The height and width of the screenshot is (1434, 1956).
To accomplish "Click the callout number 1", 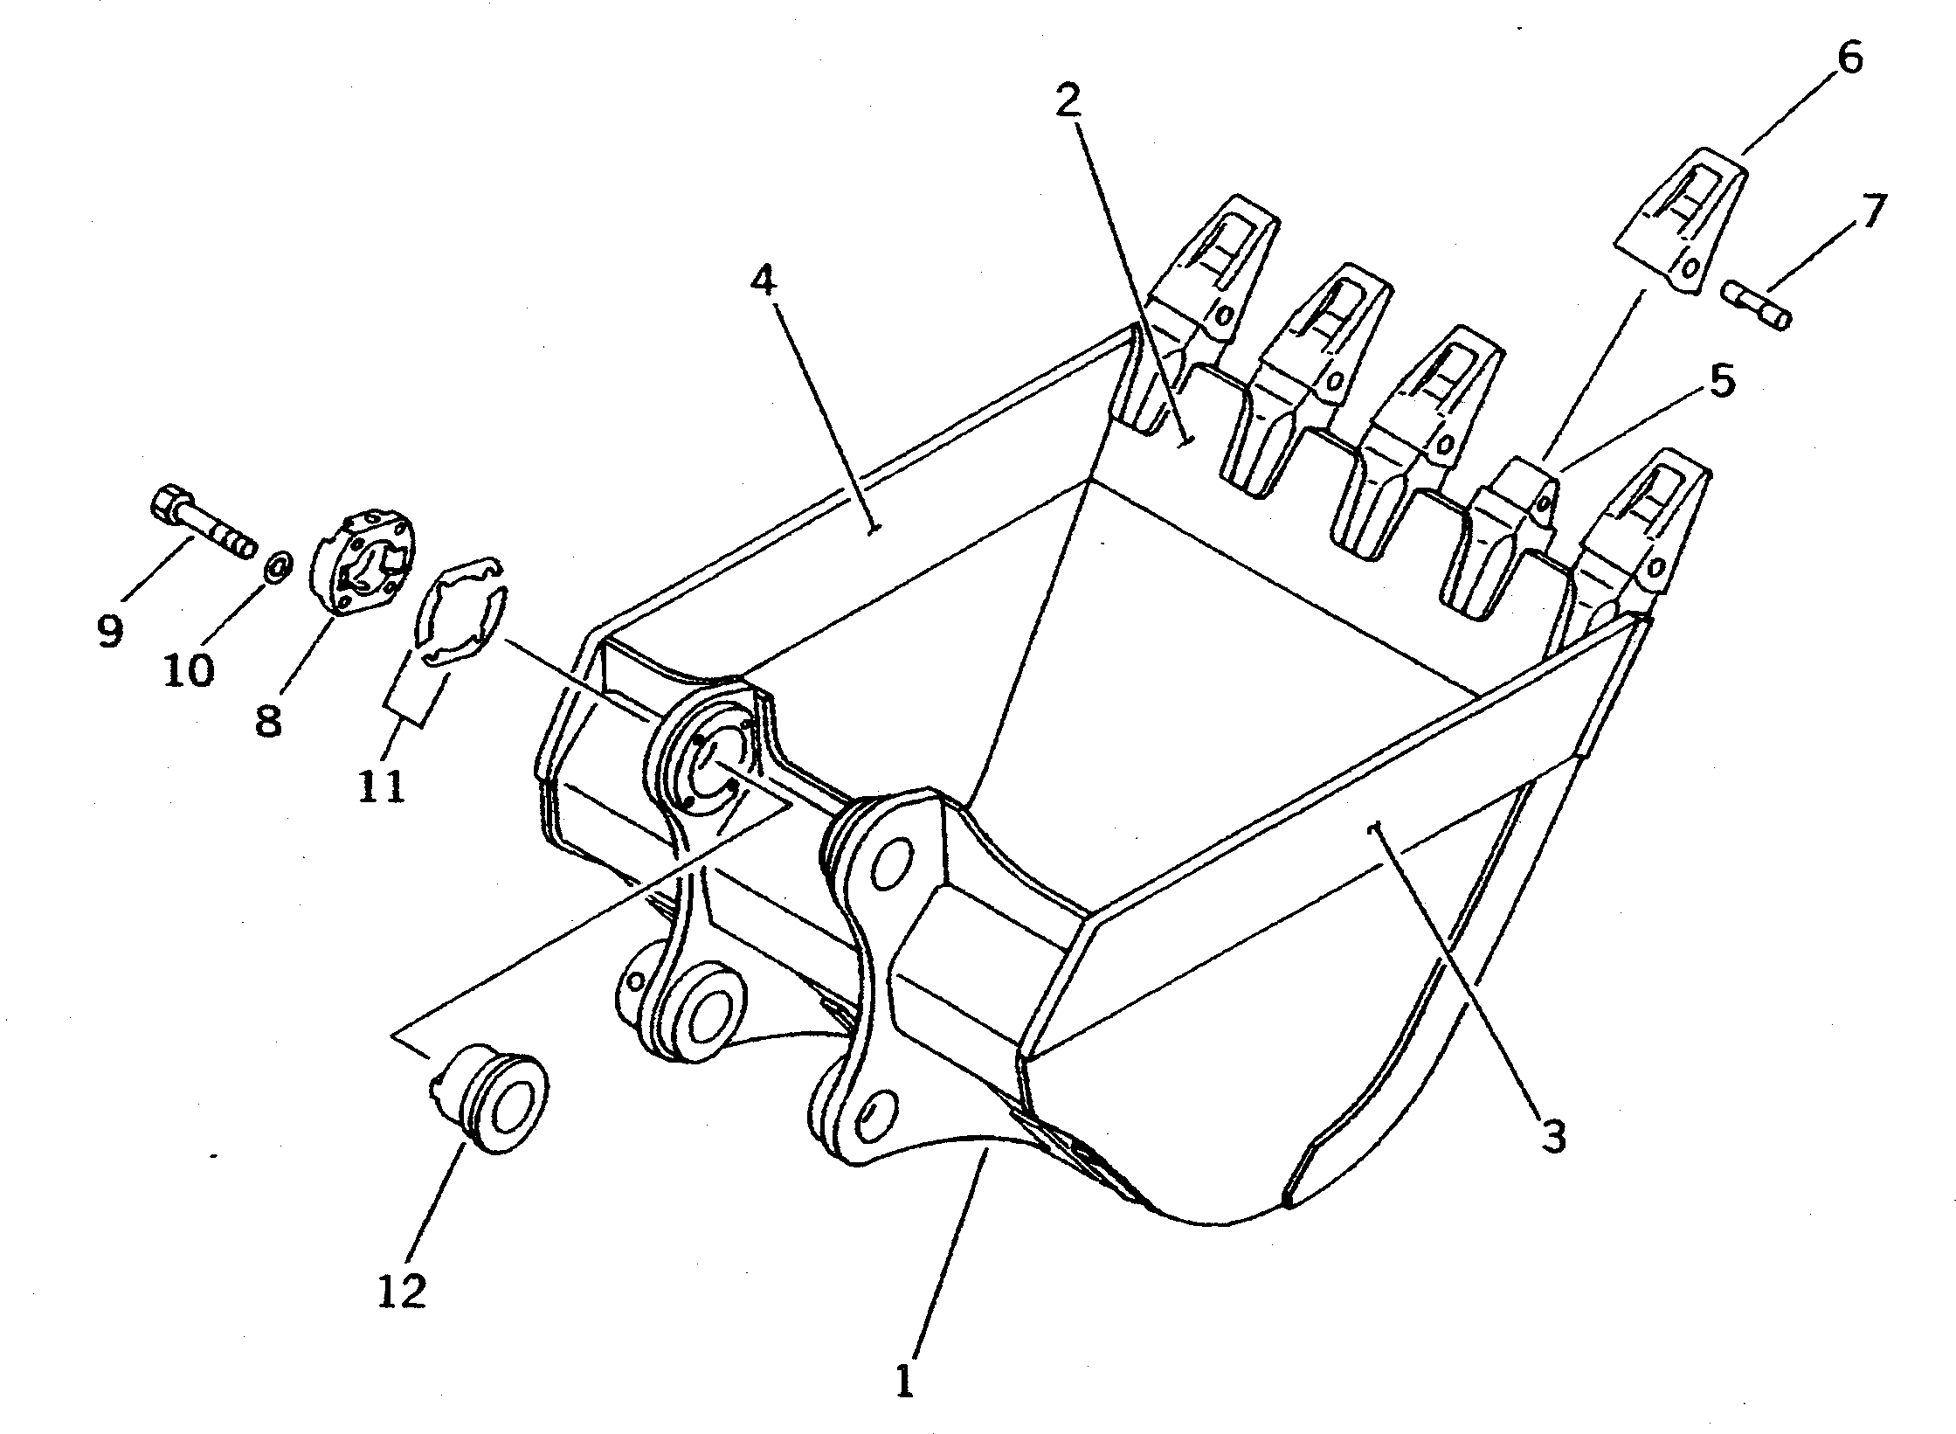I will point(904,1379).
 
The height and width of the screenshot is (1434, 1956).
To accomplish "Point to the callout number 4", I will point(762,282).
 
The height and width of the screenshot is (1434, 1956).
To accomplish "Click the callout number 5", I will point(1720,382).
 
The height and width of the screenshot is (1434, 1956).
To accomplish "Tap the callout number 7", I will point(1869,212).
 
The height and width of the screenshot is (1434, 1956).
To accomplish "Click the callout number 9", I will point(110,629).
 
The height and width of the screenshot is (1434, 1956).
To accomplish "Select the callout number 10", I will point(190,670).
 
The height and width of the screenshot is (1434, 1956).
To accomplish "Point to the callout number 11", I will point(382,786).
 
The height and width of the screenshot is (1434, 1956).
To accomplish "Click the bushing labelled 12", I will point(494,1097).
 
